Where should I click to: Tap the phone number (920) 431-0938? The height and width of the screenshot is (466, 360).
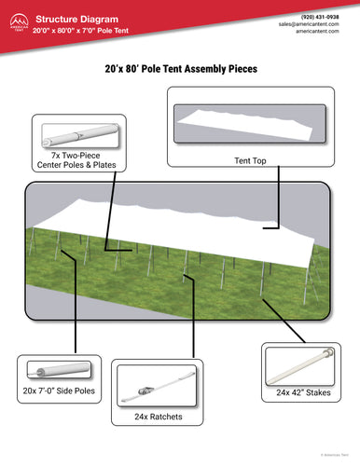[321, 16]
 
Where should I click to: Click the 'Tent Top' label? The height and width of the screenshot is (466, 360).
[250, 160]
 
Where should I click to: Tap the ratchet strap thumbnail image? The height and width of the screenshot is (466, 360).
[156, 384]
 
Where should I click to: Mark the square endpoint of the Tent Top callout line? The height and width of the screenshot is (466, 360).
[265, 225]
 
